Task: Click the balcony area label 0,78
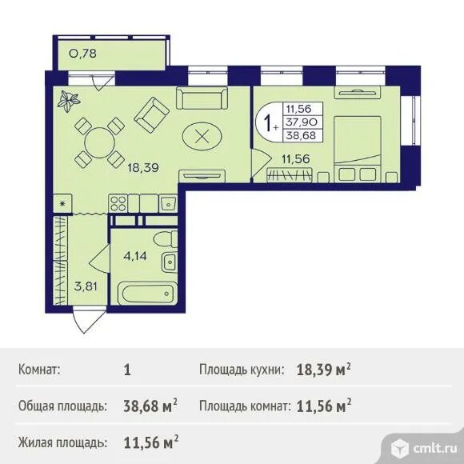tap(82, 54)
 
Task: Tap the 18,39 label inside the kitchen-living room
tap(143, 168)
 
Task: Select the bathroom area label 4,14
tap(135, 256)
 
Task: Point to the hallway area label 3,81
tap(86, 286)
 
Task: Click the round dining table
tap(99, 143)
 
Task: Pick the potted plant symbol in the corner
tap(69, 102)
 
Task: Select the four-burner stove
tap(118, 203)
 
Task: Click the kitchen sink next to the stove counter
tap(168, 203)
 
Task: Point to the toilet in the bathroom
tap(166, 239)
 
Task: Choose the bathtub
tap(147, 294)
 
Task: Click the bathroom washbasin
tap(170, 262)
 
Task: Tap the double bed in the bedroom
tap(357, 149)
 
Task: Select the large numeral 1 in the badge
tap(268, 123)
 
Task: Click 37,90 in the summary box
tap(302, 122)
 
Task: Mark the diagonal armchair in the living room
tap(152, 115)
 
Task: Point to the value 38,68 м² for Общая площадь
tap(150, 406)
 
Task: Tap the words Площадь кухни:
tap(242, 370)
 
